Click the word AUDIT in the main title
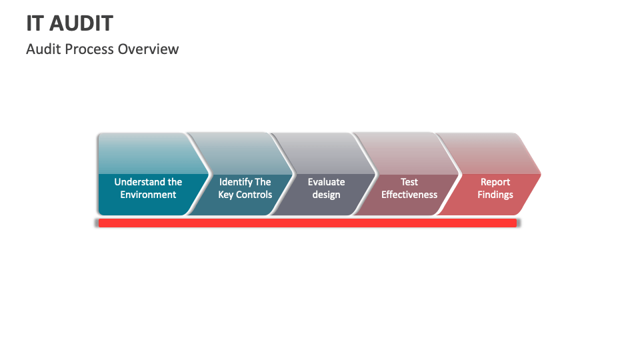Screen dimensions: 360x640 coord(81,23)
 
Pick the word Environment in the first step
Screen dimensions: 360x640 coord(148,195)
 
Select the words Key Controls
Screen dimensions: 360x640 coord(245,195)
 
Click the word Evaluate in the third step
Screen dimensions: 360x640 coord(326,182)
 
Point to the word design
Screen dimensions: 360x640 coord(326,195)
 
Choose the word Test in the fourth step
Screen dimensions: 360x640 coord(409,182)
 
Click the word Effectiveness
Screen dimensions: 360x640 coord(409,195)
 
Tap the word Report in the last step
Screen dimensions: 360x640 coord(495,182)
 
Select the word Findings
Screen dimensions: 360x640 coord(495,195)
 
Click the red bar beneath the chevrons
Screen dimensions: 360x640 coord(307,223)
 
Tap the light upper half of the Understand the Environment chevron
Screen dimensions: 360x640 coord(143,153)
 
